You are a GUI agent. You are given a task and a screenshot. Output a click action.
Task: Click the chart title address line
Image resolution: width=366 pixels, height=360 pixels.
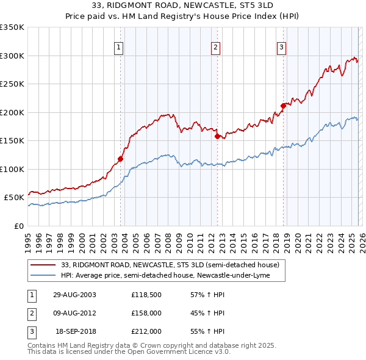(183, 4)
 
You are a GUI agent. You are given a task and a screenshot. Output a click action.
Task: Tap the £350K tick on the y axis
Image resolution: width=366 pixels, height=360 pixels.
(12, 27)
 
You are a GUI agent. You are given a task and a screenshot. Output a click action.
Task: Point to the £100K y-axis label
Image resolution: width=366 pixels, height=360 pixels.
(12, 169)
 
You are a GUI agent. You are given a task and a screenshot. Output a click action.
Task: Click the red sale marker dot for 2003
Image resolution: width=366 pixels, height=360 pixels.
(121, 159)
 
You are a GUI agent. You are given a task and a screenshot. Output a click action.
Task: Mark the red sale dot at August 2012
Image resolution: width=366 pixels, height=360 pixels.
(217, 137)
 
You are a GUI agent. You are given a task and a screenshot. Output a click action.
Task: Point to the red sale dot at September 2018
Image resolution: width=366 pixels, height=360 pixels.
(283, 106)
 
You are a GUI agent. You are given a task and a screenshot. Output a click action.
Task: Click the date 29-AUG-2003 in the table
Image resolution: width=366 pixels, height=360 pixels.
(74, 295)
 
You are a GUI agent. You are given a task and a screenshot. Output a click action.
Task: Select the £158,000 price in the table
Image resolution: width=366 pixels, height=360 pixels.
(146, 313)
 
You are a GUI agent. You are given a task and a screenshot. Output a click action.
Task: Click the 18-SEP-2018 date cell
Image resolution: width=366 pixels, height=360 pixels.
(76, 331)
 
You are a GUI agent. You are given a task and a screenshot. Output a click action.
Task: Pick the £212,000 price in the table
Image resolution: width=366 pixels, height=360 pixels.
(146, 331)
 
